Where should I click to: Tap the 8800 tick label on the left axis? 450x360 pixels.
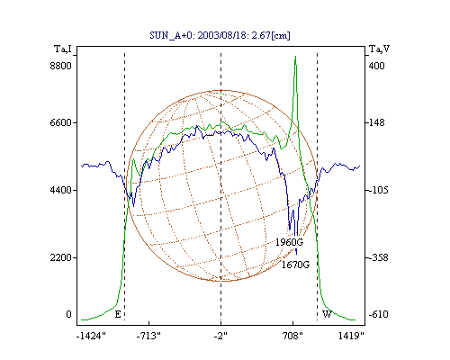(61, 66)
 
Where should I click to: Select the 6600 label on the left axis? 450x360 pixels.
(61, 122)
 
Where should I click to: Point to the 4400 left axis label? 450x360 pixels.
(61, 190)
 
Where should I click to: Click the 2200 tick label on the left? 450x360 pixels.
(61, 257)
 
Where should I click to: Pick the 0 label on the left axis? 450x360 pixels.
(69, 314)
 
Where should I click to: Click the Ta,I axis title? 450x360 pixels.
(63, 49)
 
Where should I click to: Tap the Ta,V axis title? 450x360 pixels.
(379, 49)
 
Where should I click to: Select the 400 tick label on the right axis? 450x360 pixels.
(376, 66)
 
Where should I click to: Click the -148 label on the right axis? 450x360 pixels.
(376, 122)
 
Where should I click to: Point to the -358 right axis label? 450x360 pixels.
(378, 257)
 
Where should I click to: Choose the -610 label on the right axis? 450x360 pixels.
(378, 314)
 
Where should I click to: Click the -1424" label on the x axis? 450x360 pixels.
(91, 337)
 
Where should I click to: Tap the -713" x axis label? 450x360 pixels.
(148, 337)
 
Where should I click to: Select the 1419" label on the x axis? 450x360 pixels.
(351, 337)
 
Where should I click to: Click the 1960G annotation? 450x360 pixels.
(289, 242)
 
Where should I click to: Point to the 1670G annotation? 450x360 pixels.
(295, 265)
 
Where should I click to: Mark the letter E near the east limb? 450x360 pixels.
(118, 314)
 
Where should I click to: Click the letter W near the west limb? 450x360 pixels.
(327, 314)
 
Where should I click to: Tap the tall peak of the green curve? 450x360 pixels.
(295, 57)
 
